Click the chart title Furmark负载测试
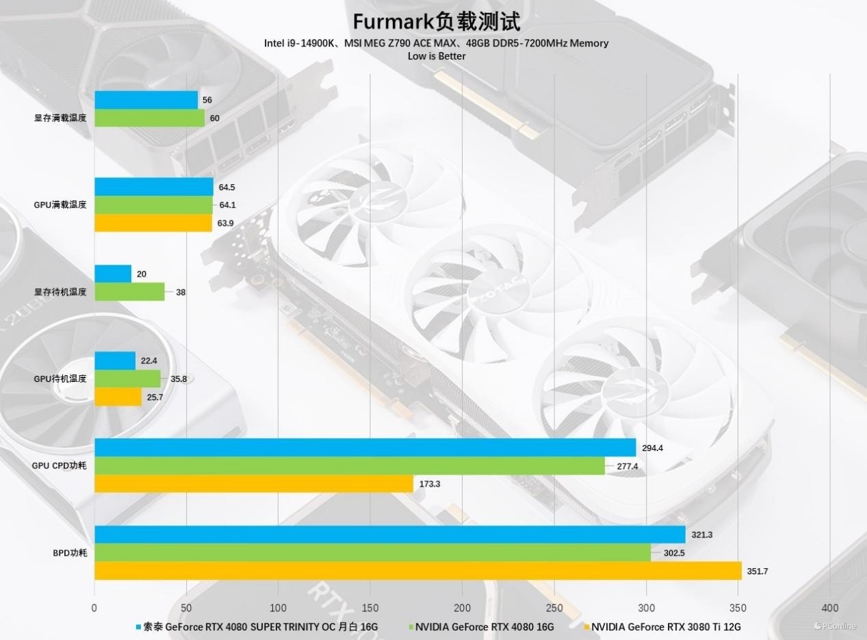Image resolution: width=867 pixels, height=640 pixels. click(436, 21)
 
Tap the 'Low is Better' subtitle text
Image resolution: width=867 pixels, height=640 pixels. click(436, 56)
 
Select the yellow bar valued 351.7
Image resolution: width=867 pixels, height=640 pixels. click(417, 570)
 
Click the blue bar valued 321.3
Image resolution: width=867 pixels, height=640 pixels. click(389, 534)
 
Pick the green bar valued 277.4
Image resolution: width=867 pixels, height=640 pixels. click(350, 465)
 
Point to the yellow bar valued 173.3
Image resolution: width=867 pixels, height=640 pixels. click(254, 483)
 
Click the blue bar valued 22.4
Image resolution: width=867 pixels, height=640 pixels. click(115, 360)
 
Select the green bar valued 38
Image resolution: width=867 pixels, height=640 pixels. click(129, 292)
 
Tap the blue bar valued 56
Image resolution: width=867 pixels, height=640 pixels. click(146, 100)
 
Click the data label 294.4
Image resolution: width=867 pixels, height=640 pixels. click(652, 448)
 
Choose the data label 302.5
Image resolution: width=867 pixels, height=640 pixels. click(673, 553)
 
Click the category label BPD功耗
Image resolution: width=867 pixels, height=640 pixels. click(70, 552)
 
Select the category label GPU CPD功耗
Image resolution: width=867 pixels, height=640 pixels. click(60, 465)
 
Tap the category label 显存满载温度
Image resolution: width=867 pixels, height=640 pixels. click(60, 118)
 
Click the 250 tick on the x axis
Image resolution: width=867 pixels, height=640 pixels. click(554, 608)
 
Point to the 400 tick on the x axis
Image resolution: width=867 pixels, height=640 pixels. click(829, 608)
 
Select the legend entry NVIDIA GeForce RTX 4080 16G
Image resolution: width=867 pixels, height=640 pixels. click(484, 626)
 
